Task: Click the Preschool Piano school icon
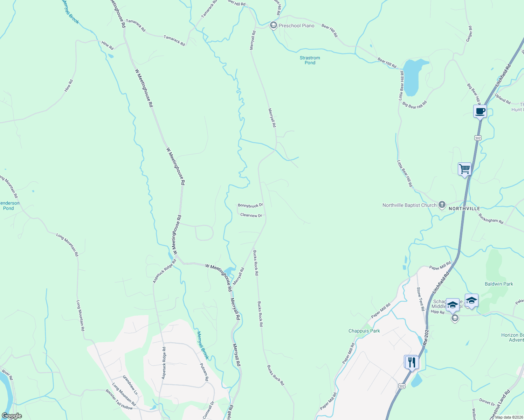coord(273,26)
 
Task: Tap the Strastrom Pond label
coord(310,60)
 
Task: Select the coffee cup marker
coord(480,112)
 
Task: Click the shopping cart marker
coord(464,169)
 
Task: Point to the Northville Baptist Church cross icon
coord(442,205)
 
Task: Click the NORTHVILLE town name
coord(464,209)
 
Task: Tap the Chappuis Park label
coord(364,331)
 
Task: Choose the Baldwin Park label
coord(498,284)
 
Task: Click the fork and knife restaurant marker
coord(411,362)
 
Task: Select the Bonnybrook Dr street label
coord(250,205)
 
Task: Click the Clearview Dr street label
coord(251,215)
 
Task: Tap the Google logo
coord(12,416)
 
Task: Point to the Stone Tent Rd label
coord(420,299)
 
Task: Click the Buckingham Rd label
coord(491,219)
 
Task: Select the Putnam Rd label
coord(204,372)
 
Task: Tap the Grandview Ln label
coord(130,385)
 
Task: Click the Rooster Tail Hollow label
coord(119,399)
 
